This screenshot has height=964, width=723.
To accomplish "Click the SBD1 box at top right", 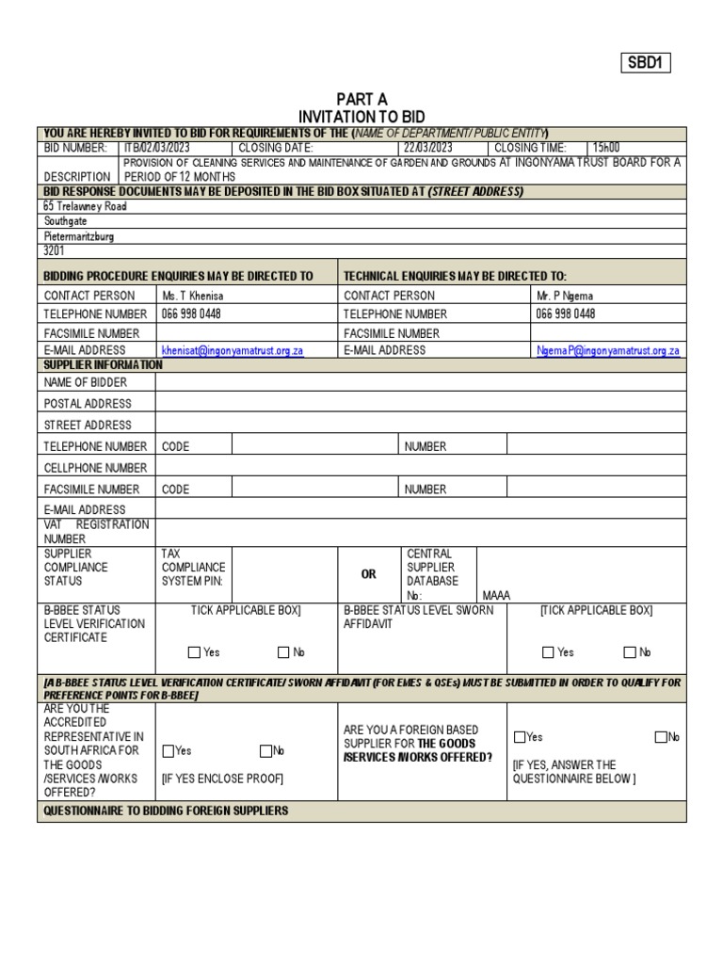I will point(645,63).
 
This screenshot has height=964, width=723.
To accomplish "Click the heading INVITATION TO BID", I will point(361,116).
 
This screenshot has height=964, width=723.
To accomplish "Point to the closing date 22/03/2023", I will point(428,148).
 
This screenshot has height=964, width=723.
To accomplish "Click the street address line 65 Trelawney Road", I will point(85,205).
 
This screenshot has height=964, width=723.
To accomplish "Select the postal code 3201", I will point(55,251).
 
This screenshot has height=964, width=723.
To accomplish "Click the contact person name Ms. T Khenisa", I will point(193,295).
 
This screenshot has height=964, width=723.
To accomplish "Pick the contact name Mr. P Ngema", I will point(565,295).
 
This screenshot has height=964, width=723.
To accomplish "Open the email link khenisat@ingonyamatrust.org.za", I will point(233,350).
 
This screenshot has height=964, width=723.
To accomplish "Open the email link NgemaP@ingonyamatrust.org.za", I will point(607,350).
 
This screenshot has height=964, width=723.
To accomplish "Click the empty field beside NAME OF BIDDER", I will point(420,382).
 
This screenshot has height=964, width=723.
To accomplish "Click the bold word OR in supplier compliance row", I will point(369,574).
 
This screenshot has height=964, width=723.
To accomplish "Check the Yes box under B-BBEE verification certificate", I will point(194,652).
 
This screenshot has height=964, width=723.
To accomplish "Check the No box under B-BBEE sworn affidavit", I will point(630,652).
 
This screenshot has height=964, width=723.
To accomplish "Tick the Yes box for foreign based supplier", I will point(520,737).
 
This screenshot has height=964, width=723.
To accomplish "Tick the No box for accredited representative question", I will point(265,751).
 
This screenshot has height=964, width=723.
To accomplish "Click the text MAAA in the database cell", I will point(495,595).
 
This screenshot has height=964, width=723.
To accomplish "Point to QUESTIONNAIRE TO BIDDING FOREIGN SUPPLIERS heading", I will point(166,811).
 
